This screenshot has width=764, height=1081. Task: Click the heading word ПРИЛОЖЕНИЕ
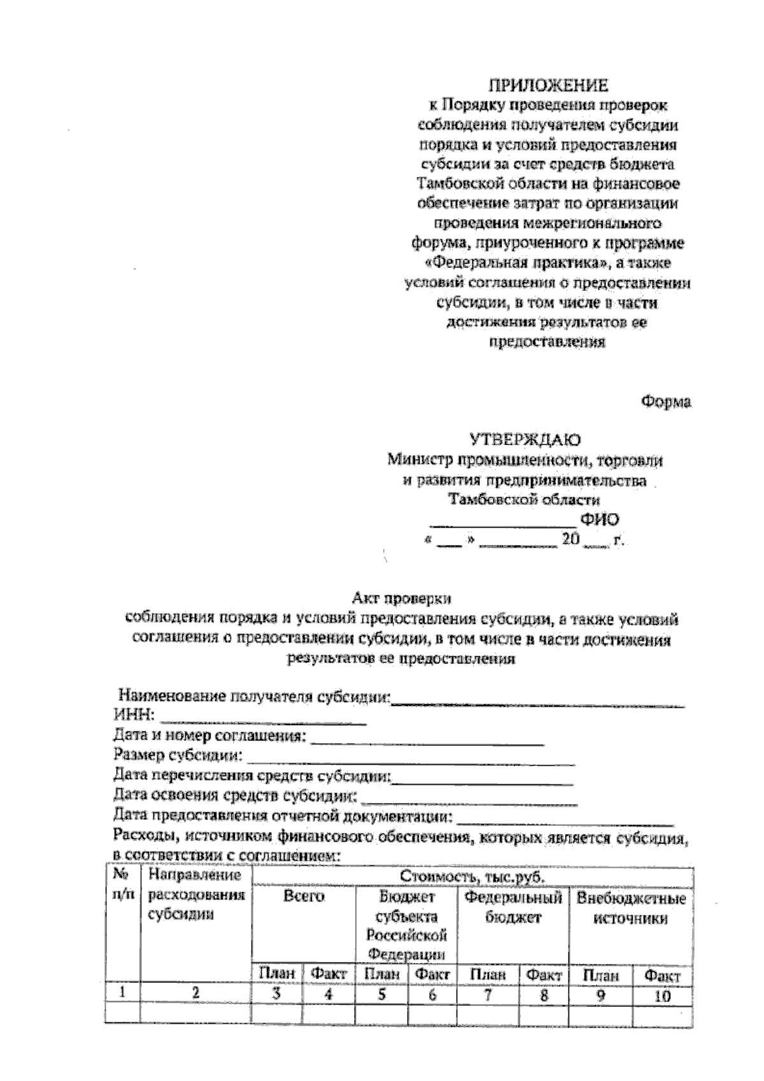coord(548,85)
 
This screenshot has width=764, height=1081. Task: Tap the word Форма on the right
coord(666,402)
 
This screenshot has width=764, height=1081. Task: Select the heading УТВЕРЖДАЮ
coord(525,439)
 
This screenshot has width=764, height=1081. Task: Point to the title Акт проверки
coord(402,598)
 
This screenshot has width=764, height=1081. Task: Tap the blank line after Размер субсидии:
coord(411,759)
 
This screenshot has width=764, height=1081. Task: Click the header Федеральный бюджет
coord(513,907)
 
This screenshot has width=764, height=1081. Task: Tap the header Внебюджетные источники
coord(631,908)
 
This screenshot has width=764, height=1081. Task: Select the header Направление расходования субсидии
coord(195,894)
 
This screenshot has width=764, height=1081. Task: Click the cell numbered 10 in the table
coord(662,996)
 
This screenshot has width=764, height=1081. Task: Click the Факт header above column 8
coord(545,975)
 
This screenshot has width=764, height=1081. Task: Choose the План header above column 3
coord(276,973)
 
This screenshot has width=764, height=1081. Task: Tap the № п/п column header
coord(122,885)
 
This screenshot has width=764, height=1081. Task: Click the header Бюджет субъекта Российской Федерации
coord(407,926)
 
